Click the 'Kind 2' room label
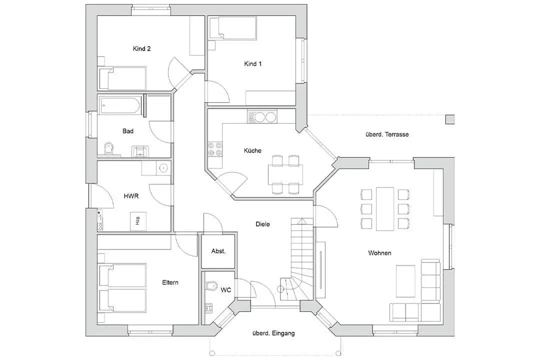point(141,48)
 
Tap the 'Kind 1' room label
point(253,63)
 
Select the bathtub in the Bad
point(119,105)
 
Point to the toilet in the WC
point(211,285)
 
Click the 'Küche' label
point(252,150)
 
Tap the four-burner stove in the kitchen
point(215,149)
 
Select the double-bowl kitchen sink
point(261,117)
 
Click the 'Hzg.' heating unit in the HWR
point(138,221)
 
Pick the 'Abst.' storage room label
point(218,251)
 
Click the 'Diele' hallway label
point(263,224)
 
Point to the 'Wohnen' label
point(379,253)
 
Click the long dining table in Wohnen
point(385,209)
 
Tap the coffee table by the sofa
point(405,281)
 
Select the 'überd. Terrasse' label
point(387,134)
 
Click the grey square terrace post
point(450,119)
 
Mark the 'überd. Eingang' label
point(273,333)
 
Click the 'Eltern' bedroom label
point(170,282)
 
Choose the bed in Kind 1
point(233,28)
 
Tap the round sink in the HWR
point(163,168)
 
